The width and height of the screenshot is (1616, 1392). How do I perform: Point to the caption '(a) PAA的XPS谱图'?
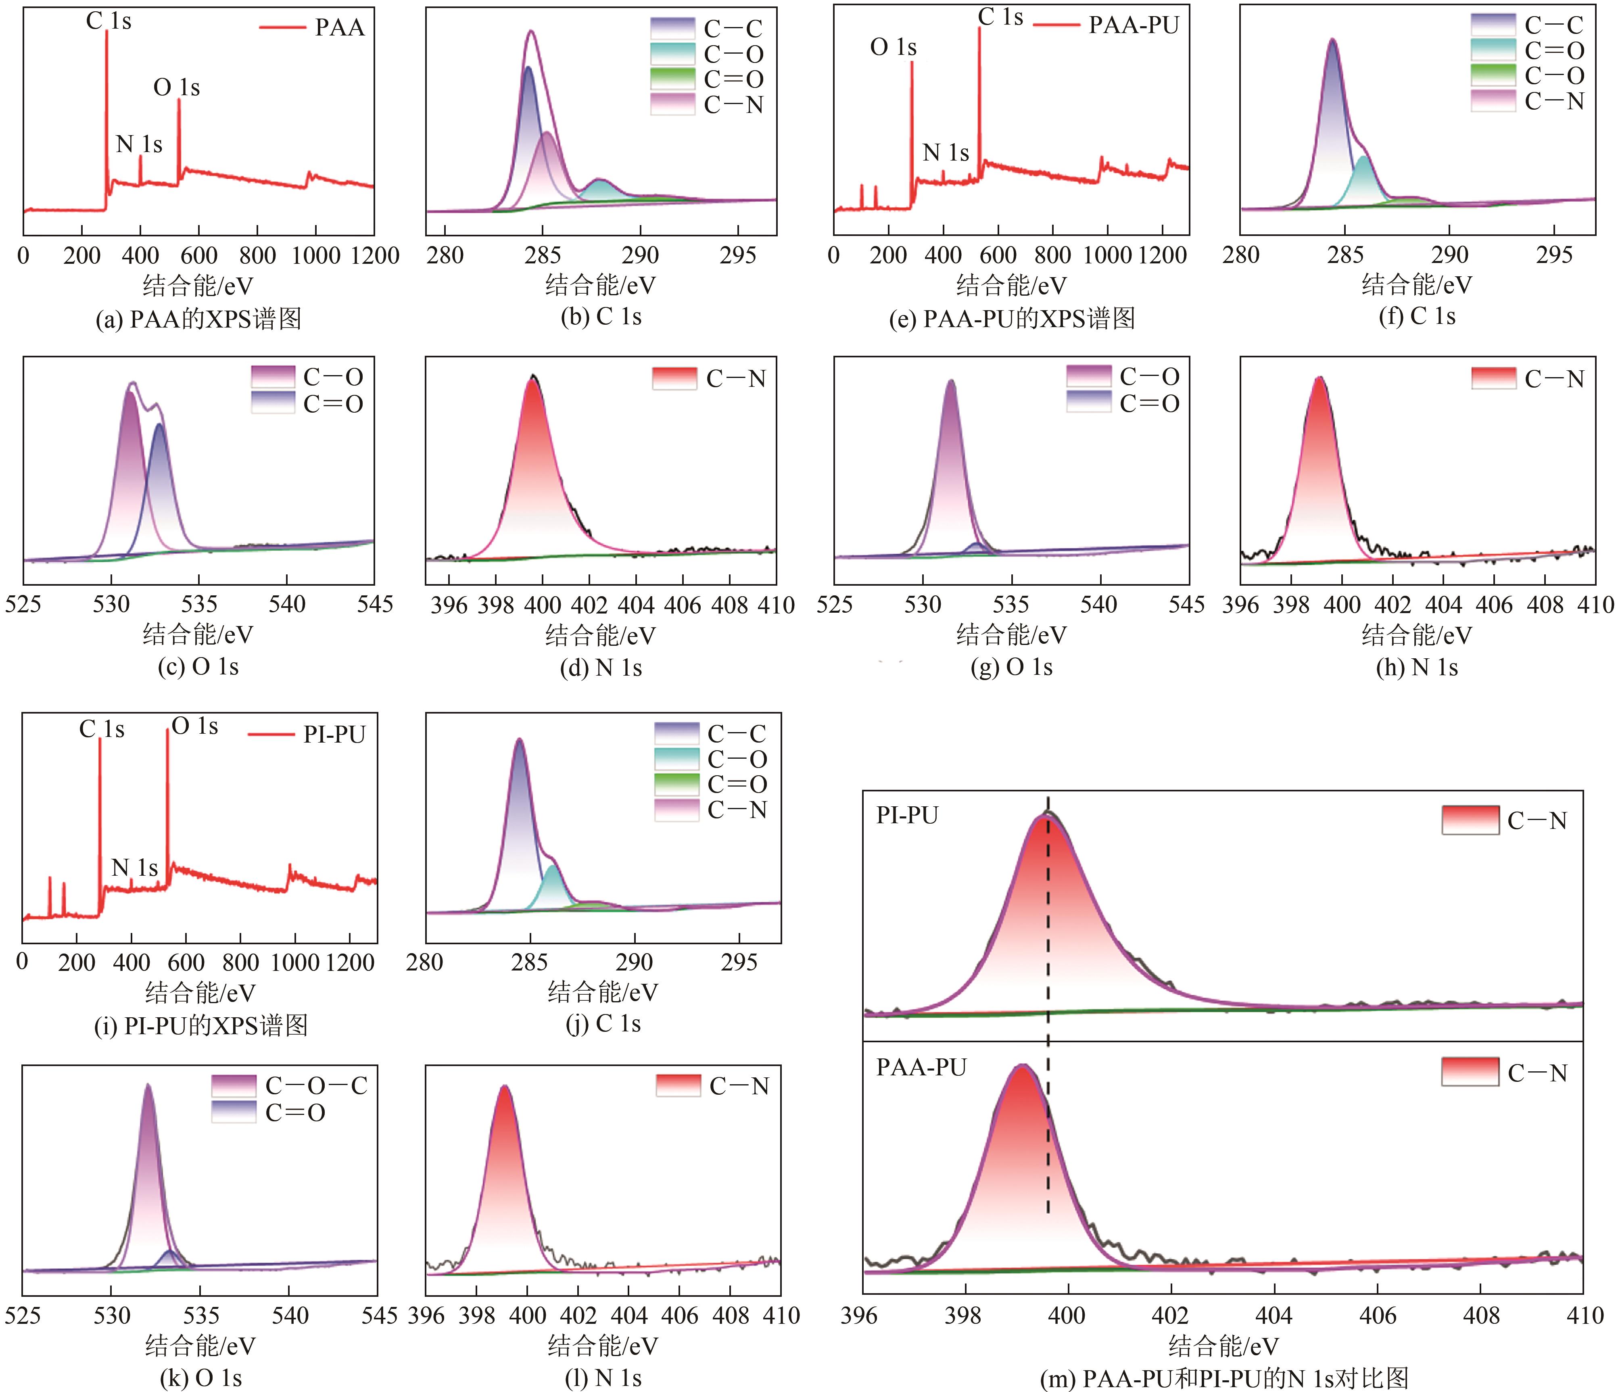coord(198,319)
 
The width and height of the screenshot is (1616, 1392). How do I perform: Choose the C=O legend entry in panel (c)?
coord(333,404)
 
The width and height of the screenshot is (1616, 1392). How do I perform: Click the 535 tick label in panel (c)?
coord(199,604)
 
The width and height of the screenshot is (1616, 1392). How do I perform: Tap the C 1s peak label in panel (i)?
coord(101,729)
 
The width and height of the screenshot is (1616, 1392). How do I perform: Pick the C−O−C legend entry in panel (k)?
coord(316,1085)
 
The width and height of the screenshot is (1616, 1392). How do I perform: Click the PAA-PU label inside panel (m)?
coord(921,1067)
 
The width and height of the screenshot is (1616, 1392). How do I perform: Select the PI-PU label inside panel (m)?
coord(907,815)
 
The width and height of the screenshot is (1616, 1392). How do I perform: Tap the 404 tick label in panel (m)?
coord(1274,1316)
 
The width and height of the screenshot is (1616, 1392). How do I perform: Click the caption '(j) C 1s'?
coord(603,1023)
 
